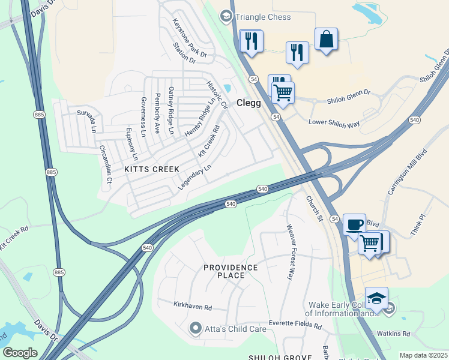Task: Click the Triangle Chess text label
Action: (x=263, y=17)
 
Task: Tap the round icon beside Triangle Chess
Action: (x=226, y=16)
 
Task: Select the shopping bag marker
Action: (x=325, y=40)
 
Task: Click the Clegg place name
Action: (x=249, y=103)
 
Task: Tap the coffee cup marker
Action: (x=354, y=225)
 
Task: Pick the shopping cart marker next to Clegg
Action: (x=283, y=93)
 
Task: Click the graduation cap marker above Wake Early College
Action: (x=376, y=298)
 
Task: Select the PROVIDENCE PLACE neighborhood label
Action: (x=231, y=271)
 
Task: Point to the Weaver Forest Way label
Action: (x=291, y=251)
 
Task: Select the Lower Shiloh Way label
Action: (x=334, y=123)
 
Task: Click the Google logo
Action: (x=20, y=353)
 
